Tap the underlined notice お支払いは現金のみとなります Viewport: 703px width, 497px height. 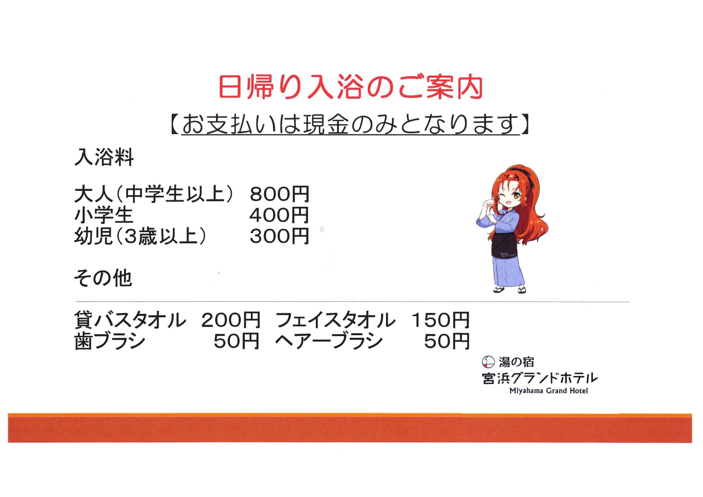[x=351, y=125]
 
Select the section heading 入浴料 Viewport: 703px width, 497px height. [x=104, y=158]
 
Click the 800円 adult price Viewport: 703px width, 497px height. [x=280, y=194]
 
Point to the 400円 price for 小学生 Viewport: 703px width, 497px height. [x=279, y=215]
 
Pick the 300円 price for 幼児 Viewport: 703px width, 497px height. [x=279, y=236]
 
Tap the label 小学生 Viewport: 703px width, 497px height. [x=104, y=215]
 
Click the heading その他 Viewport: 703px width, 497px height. [x=103, y=278]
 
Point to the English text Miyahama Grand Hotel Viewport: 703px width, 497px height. [x=549, y=391]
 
